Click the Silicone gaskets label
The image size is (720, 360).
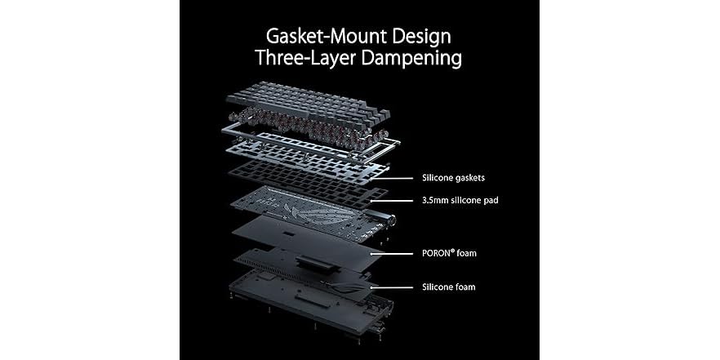[453, 178]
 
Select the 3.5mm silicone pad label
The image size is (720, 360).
[460, 201]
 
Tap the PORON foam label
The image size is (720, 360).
[449, 253]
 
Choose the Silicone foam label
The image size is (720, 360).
[449, 287]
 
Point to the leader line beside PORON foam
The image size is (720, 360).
[392, 253]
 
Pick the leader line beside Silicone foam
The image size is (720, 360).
[392, 287]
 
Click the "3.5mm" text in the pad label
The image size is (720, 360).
[435, 201]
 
